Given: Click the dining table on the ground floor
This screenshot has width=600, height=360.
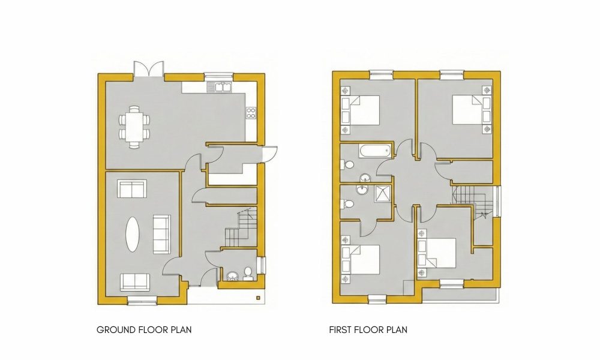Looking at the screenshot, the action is point(134,127).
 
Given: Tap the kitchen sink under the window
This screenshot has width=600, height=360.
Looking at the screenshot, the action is point(219,87).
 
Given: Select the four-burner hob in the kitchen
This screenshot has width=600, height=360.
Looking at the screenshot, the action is point(251,113).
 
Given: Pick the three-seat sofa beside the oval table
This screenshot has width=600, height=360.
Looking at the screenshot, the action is point(162,234).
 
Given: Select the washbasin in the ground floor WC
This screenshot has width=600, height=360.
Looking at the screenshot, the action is point(232,275).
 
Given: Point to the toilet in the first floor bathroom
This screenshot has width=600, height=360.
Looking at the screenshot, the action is point(347,165).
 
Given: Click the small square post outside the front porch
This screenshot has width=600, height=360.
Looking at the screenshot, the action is point(258,298).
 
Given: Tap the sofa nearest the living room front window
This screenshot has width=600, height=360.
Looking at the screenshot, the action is point(135,281).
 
